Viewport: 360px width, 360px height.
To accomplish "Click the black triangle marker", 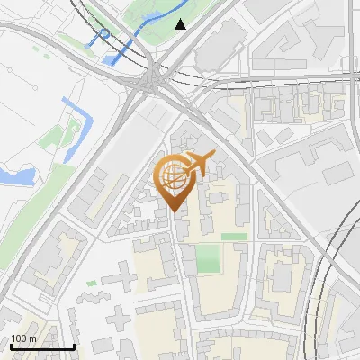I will pos(181,24).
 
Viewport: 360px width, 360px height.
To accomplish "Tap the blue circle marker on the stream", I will pos(104,34).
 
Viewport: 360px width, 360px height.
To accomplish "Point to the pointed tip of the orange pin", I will pos(173,211).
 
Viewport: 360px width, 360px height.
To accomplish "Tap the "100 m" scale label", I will pos(24,338).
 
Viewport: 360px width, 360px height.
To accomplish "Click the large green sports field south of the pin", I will pos(209,259).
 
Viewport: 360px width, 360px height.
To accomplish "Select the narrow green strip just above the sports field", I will pos(234,237).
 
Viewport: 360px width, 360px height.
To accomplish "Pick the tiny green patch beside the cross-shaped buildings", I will pos(91,283).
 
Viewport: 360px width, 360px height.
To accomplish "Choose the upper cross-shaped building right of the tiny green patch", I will pos(121,274).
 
